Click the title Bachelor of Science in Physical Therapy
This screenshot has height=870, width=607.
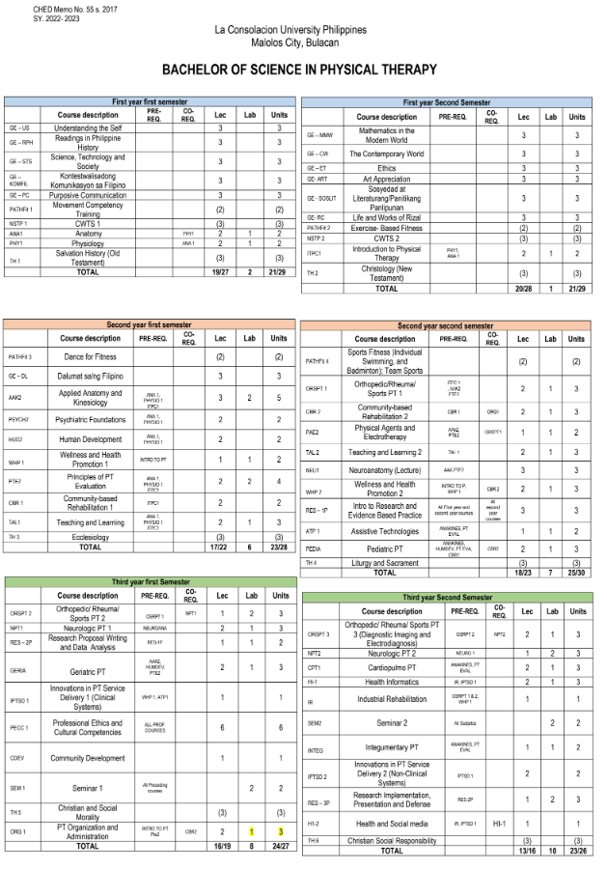[299, 70]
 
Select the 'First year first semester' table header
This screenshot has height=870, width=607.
[150, 101]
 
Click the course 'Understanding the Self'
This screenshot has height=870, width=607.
[88, 127]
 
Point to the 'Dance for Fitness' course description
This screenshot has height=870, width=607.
[90, 356]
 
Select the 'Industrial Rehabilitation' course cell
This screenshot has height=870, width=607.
[392, 699]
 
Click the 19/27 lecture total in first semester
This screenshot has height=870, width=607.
[220, 271]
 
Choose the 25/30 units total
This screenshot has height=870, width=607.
[576, 573]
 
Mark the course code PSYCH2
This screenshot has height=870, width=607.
[19, 419]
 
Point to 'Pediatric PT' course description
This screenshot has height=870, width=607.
[385, 547]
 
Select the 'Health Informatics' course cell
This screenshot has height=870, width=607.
[392, 681]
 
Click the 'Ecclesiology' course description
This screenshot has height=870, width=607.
[90, 536]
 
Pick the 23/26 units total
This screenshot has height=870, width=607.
[576, 851]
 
